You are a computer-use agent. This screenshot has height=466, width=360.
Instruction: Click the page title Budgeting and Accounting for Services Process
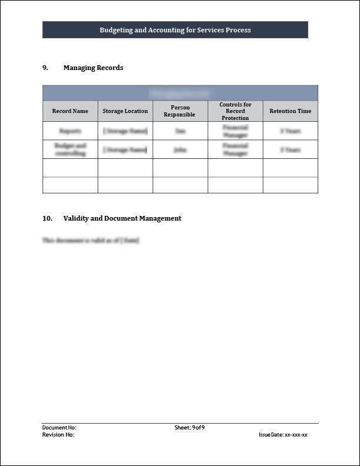(x=175, y=30)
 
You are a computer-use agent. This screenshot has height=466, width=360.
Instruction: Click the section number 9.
(x=45, y=68)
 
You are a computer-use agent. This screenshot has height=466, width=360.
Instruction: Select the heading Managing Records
(x=93, y=68)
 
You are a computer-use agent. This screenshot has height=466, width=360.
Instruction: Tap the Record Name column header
(x=70, y=111)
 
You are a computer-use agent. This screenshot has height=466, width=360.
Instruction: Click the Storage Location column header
(x=125, y=111)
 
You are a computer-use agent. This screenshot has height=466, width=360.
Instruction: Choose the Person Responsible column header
(x=179, y=111)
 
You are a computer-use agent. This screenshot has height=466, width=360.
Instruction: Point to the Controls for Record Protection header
(x=235, y=111)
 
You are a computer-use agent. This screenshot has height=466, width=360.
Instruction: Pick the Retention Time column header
(x=290, y=111)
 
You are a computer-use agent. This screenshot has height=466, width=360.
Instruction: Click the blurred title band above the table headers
(x=180, y=93)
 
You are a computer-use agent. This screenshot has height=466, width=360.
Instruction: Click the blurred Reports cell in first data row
(x=70, y=131)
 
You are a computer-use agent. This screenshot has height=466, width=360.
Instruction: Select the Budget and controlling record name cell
(x=70, y=149)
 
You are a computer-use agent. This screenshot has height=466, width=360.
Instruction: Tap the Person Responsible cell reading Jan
(x=180, y=131)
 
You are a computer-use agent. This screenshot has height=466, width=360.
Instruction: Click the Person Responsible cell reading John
(x=180, y=150)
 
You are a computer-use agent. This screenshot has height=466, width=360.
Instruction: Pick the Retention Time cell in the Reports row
(x=290, y=131)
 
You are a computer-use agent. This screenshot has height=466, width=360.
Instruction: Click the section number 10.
(x=47, y=218)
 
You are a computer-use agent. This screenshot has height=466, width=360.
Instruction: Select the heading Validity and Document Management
(x=122, y=218)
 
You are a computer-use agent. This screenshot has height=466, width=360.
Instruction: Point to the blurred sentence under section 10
(x=91, y=241)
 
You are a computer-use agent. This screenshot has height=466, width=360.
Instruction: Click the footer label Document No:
(x=59, y=428)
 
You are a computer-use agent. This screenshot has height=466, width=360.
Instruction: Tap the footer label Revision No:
(x=58, y=435)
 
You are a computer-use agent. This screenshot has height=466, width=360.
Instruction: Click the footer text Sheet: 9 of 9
(x=189, y=428)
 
